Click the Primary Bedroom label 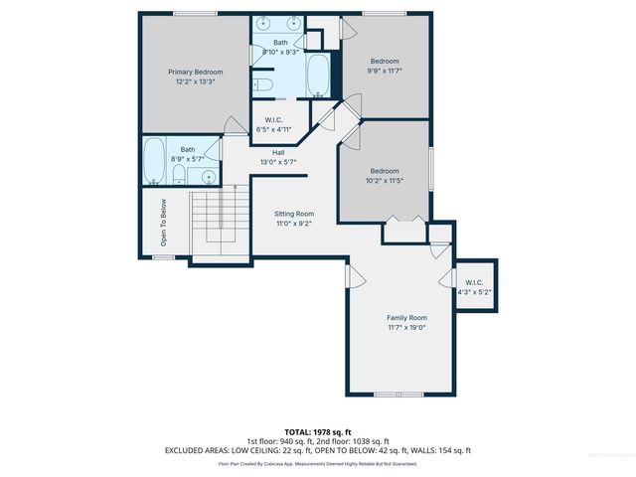[195, 72]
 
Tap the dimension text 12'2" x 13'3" [195, 81]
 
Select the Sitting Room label [294, 214]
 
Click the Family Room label [405, 317]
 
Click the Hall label [279, 152]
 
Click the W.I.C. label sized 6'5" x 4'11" [271, 120]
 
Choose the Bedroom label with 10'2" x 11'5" [385, 171]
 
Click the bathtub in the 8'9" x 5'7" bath [154, 161]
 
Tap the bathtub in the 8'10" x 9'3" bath [319, 75]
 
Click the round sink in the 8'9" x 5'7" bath [208, 177]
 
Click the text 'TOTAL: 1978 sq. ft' [318, 432]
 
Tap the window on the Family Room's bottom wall [390, 395]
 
